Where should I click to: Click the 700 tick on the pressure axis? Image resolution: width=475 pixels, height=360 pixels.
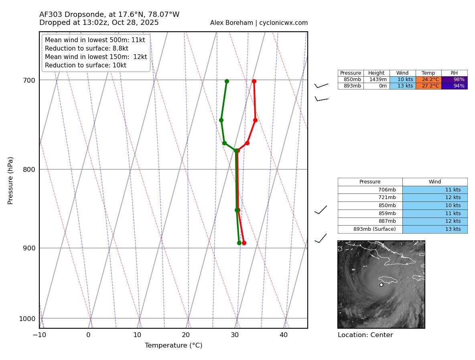point(29,80)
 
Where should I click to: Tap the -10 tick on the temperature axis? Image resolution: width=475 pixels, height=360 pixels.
point(39,335)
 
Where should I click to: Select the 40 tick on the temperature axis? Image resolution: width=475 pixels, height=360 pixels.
point(284,335)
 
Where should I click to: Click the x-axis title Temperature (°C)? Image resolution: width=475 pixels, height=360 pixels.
point(173,346)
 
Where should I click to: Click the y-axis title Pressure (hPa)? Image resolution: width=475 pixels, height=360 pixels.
point(11,180)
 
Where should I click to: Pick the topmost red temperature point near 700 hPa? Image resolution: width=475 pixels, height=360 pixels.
point(254,81)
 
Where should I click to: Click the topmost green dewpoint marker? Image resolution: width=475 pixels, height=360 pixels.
point(227,81)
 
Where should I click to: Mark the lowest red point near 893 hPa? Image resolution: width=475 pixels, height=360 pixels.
point(244,243)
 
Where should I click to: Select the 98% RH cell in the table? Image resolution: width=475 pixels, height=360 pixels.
point(454,79)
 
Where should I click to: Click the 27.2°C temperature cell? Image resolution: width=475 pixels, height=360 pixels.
point(428,86)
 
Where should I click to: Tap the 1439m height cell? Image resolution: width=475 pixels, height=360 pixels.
point(376,79)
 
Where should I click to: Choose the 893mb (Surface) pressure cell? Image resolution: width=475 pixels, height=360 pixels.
point(370,229)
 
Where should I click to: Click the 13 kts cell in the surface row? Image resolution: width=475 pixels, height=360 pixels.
point(435,229)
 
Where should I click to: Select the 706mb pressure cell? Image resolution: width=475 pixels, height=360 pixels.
point(370,190)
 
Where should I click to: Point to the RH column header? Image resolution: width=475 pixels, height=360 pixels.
point(454,73)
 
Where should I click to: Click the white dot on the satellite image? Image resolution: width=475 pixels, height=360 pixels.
point(381,285)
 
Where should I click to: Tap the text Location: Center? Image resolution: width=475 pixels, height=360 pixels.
point(365,335)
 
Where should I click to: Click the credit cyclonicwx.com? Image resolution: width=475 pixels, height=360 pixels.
point(283,23)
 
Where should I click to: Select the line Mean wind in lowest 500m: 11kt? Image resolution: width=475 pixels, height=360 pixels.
point(95,40)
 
